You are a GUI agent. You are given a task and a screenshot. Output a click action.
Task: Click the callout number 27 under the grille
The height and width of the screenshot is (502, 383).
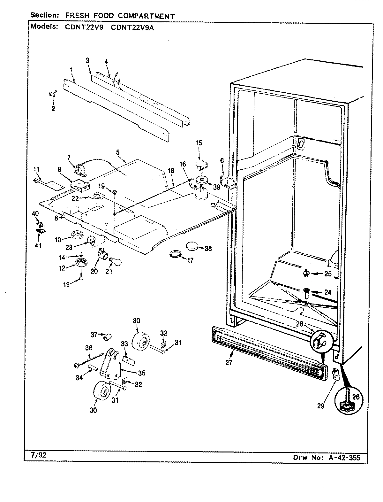[229, 362]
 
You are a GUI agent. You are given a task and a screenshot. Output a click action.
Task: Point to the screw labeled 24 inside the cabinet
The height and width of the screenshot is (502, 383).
[306, 292]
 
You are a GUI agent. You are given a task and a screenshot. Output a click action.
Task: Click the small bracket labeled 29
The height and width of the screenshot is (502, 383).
[335, 375]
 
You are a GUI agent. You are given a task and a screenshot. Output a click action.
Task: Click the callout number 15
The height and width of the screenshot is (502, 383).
[199, 143]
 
